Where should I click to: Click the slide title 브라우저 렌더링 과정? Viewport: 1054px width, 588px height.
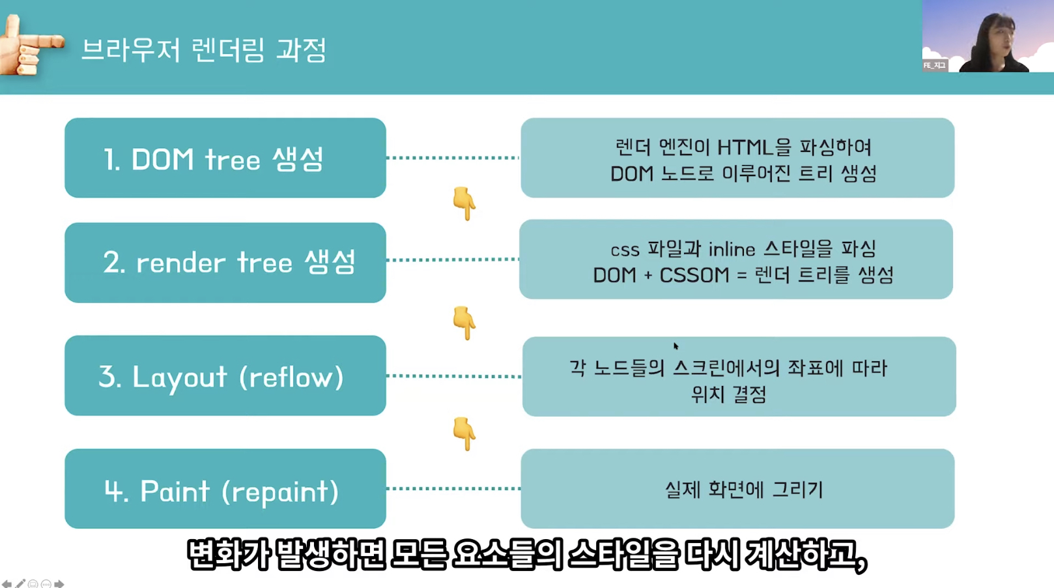[203, 50]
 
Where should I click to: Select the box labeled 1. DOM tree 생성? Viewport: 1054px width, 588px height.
[225, 158]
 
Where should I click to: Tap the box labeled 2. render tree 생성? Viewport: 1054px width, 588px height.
[225, 262]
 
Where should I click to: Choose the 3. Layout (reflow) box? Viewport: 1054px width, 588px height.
[225, 375]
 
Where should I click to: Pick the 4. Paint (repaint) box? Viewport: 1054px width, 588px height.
[225, 489]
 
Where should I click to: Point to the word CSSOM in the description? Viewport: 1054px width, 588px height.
[694, 275]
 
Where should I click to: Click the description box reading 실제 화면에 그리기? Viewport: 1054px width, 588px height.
[737, 489]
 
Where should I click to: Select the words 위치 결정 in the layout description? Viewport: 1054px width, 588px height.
[728, 394]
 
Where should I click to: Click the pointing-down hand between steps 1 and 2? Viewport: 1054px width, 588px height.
[464, 203]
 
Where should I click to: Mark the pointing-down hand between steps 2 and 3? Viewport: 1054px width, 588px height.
[464, 322]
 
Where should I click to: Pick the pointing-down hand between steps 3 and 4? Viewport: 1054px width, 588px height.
[464, 434]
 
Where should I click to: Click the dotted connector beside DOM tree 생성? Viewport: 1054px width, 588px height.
[453, 158]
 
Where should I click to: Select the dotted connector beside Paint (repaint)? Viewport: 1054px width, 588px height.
[453, 488]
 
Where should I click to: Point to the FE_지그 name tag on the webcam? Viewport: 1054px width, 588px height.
[934, 65]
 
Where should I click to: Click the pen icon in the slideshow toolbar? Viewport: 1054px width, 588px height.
[20, 583]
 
